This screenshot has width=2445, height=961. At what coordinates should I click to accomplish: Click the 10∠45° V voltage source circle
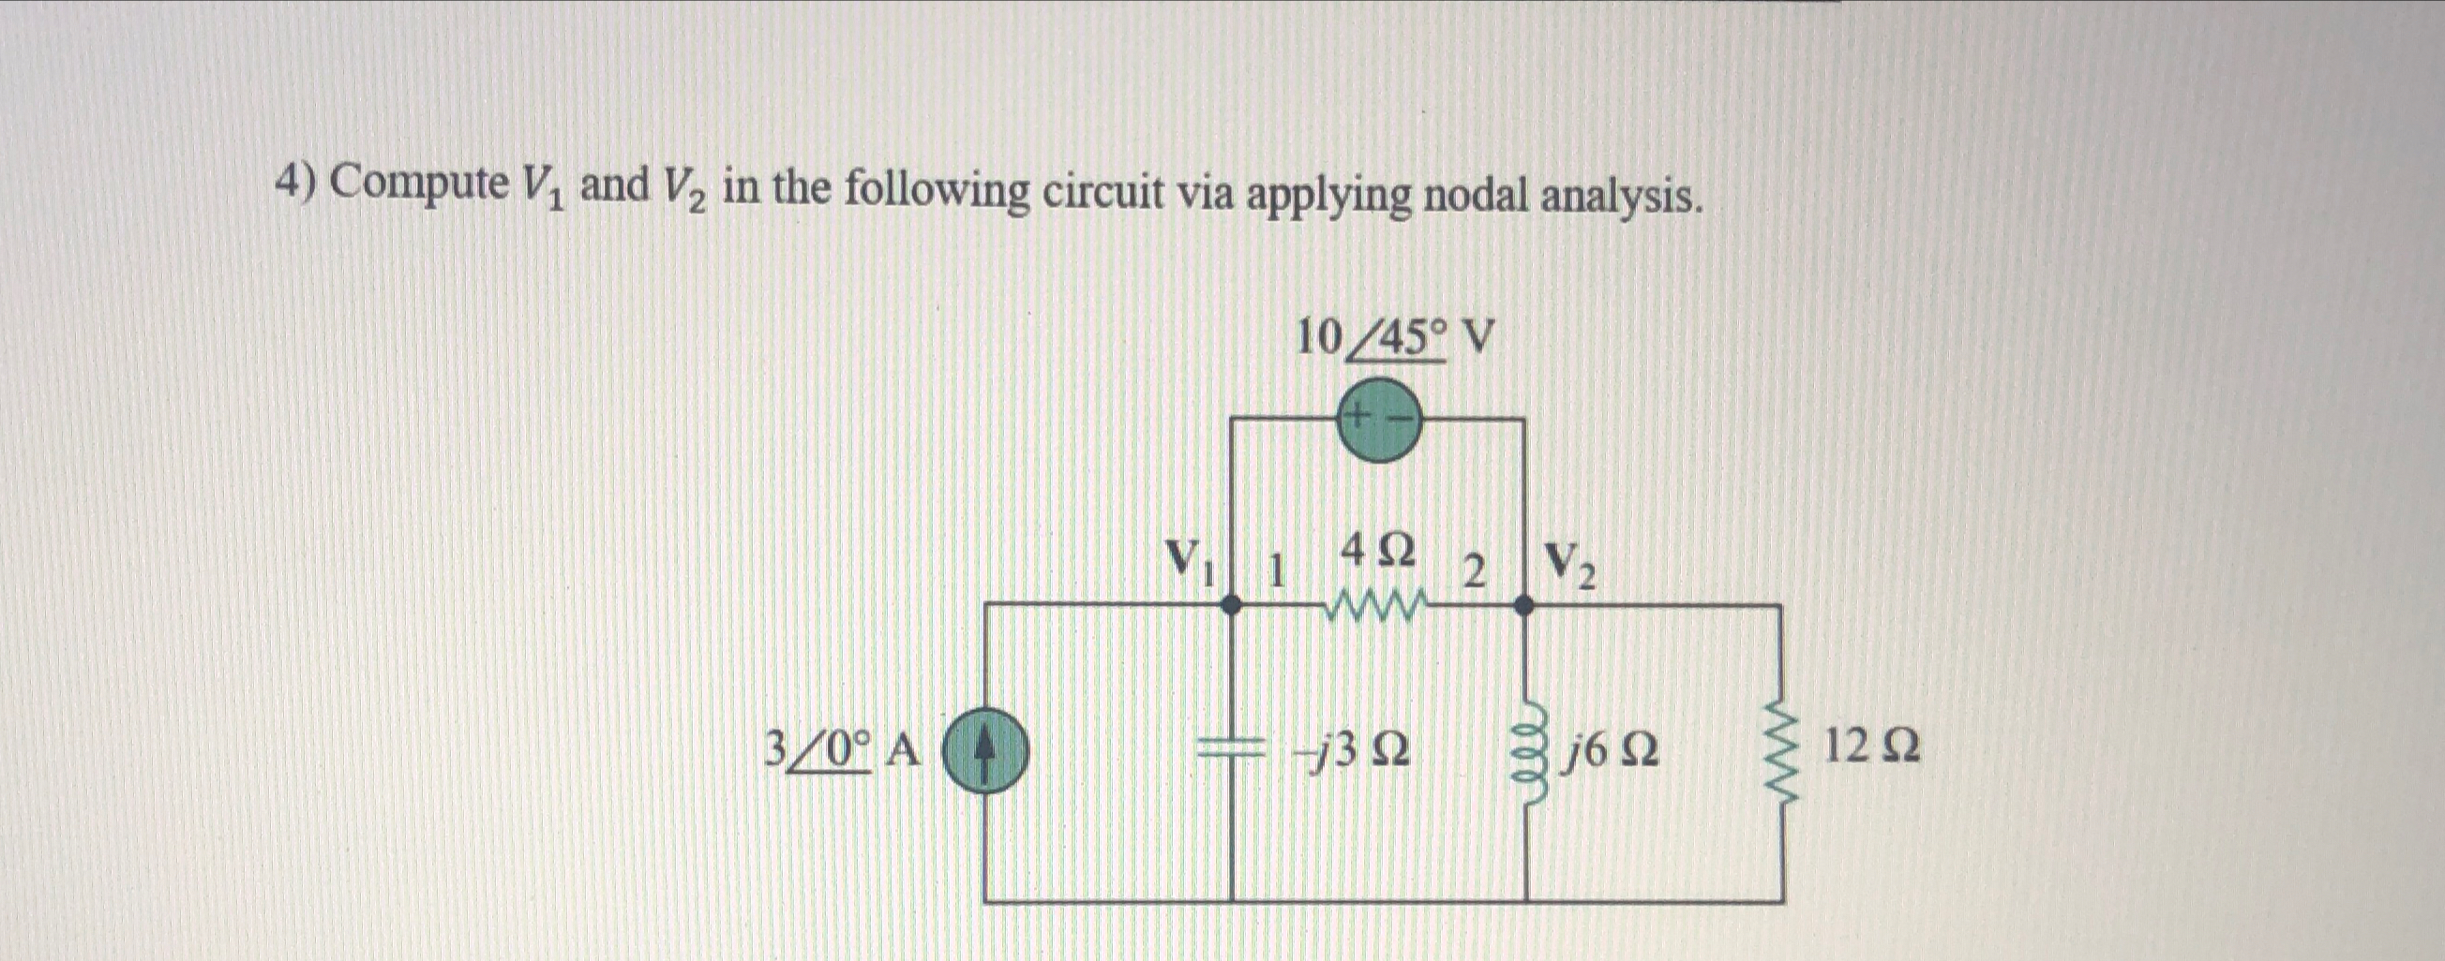tap(1378, 420)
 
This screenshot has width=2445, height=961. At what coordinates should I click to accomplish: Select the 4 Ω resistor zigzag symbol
tap(1378, 603)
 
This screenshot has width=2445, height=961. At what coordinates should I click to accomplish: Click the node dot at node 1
tap(1231, 605)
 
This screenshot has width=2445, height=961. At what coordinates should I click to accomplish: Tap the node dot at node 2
tap(1524, 605)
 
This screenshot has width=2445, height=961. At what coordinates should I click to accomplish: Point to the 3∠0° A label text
tap(841, 751)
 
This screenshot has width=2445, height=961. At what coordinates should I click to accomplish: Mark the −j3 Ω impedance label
tap(1355, 751)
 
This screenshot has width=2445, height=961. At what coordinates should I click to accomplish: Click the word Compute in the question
tap(419, 182)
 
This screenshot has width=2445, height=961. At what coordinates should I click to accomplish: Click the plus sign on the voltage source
tap(1358, 415)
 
